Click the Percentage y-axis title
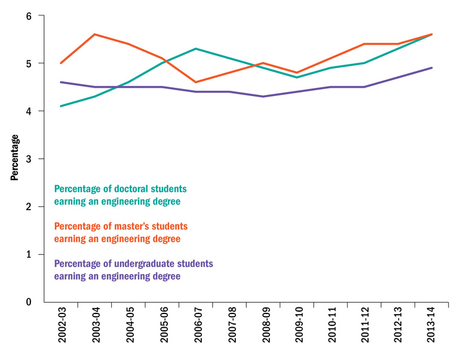[14, 158]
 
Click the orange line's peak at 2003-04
[95, 35]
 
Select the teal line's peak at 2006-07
[196, 49]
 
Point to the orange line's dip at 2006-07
[196, 82]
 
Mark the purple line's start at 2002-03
[62, 82]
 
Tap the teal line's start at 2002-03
[62, 106]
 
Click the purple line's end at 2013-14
[432, 68]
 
